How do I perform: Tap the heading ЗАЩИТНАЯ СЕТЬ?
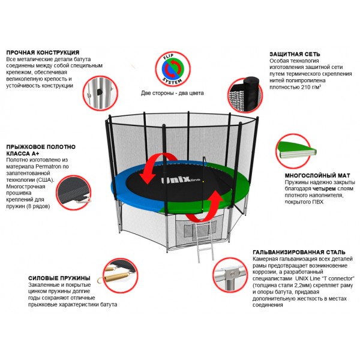coord(297,53)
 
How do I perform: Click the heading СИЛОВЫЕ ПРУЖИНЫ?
coord(59,278)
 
